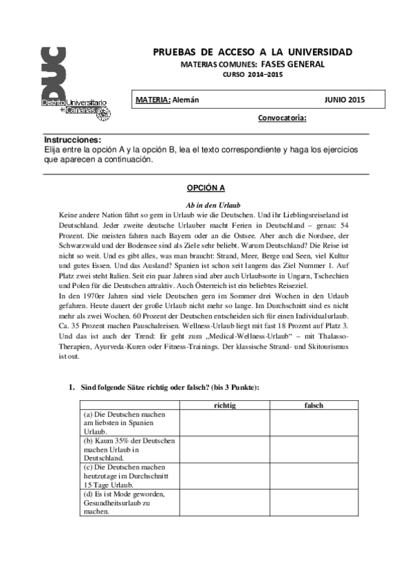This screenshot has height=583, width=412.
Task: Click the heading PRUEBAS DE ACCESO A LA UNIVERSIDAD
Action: [252, 52]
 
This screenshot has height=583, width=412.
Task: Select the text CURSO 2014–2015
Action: [252, 74]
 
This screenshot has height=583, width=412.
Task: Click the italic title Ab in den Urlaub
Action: [206, 205]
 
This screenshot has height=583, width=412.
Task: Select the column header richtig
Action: [225, 406]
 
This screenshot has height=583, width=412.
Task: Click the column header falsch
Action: [314, 406]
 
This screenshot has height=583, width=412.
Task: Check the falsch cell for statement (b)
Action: [314, 449]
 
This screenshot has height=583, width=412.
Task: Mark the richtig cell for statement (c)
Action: [225, 476]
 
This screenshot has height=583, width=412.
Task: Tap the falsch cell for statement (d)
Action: [314, 503]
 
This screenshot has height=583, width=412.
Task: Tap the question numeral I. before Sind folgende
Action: [70, 388]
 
